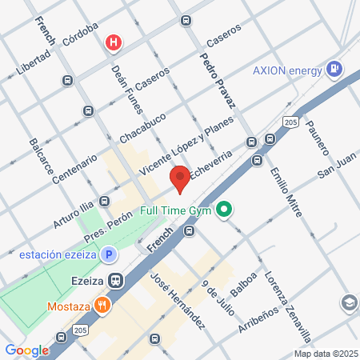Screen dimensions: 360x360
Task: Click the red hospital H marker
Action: (x=115, y=42)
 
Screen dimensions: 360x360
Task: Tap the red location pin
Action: (x=179, y=178)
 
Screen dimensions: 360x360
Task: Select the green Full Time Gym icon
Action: (x=225, y=211)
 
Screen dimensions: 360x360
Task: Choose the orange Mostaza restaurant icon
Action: (x=102, y=305)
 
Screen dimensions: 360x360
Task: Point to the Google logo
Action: (x=26, y=350)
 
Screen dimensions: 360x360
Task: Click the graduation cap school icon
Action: (x=349, y=303)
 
